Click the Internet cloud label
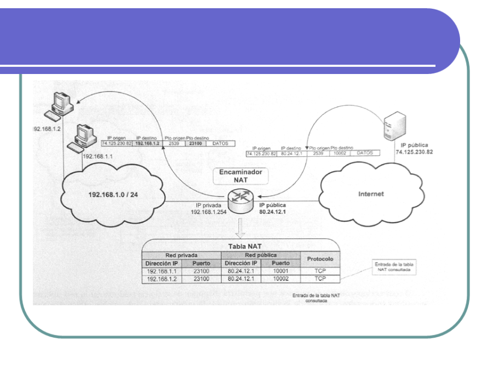pos(370,194)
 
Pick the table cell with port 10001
pos(280,271)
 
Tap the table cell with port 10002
pos(280,280)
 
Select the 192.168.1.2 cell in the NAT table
pos(162,280)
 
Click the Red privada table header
pos(181,255)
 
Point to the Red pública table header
pos(261,255)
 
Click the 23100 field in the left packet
pos(194,144)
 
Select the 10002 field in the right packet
pos(341,153)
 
